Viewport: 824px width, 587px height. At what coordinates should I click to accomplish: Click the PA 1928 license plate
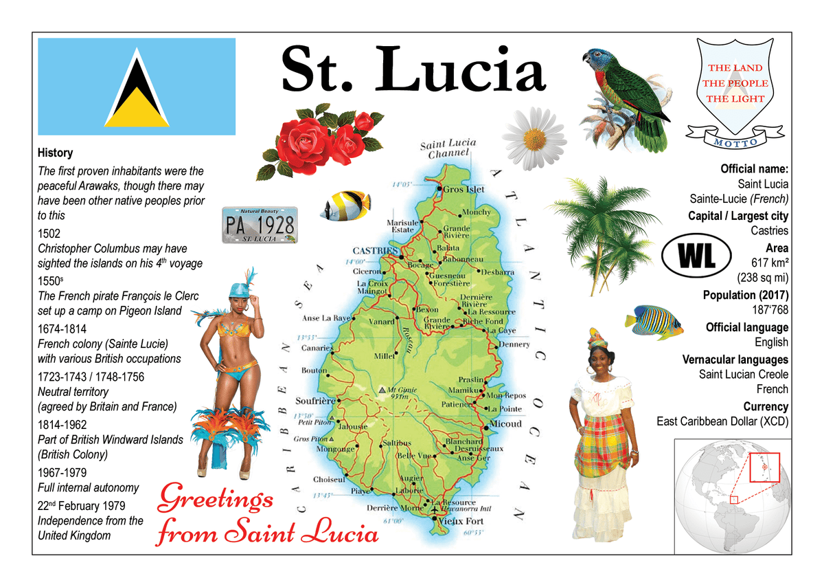[260, 223]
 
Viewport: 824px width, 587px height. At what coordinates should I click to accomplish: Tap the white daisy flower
[534, 137]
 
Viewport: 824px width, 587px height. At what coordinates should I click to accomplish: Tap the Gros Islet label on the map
[463, 189]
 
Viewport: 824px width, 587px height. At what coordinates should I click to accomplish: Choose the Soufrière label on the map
[314, 401]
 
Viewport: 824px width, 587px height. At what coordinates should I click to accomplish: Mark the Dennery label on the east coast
[514, 344]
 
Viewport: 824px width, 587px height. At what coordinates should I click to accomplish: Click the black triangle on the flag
[137, 93]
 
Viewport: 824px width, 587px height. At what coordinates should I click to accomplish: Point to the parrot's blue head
[597, 60]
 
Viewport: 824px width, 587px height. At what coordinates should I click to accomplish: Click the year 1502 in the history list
[50, 233]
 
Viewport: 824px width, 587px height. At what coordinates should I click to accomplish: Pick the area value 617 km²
[770, 263]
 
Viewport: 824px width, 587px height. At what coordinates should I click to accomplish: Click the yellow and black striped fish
[347, 205]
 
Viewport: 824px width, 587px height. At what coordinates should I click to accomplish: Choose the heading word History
[55, 153]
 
